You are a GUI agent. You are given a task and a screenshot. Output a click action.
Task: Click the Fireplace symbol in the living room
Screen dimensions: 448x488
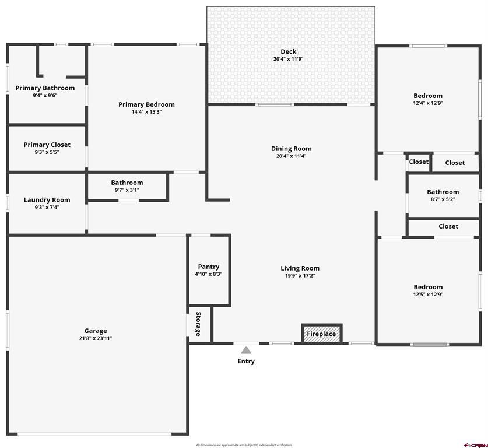pyautogui.click(x=321, y=334)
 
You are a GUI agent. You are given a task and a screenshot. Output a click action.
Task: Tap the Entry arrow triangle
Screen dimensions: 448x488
pyautogui.click(x=246, y=350)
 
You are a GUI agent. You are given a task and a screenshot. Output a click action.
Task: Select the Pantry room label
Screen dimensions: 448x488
pyautogui.click(x=208, y=267)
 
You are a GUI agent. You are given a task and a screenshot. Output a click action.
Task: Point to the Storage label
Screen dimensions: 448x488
pyautogui.click(x=198, y=324)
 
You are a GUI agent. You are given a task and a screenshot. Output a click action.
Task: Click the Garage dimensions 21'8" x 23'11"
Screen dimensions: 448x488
pyautogui.click(x=96, y=338)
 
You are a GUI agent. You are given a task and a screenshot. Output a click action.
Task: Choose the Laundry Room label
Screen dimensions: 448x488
pyautogui.click(x=47, y=200)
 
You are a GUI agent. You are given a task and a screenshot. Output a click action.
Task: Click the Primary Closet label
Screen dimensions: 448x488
pyautogui.click(x=47, y=145)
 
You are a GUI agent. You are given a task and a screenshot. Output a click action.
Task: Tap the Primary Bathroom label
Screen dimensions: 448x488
pyautogui.click(x=45, y=88)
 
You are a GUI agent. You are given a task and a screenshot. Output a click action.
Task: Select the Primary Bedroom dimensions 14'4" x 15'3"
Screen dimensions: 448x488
pyautogui.click(x=146, y=112)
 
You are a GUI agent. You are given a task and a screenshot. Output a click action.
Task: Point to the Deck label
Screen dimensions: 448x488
pyautogui.click(x=289, y=52)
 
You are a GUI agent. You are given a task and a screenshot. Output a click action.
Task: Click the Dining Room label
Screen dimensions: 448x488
pyautogui.click(x=291, y=149)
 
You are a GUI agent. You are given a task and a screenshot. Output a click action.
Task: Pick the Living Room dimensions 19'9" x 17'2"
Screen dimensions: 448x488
pyautogui.click(x=300, y=276)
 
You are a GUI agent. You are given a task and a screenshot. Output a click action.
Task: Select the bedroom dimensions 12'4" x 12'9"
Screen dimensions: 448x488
pyautogui.click(x=428, y=103)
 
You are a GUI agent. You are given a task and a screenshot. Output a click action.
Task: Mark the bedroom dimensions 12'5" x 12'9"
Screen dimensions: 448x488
pyautogui.click(x=428, y=295)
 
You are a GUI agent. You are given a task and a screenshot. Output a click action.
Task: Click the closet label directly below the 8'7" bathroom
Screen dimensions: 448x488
pyautogui.click(x=448, y=226)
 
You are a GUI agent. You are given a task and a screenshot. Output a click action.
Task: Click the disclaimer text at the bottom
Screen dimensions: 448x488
pyautogui.click(x=243, y=444)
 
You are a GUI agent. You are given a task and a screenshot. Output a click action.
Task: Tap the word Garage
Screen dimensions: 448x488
pyautogui.click(x=96, y=331)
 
